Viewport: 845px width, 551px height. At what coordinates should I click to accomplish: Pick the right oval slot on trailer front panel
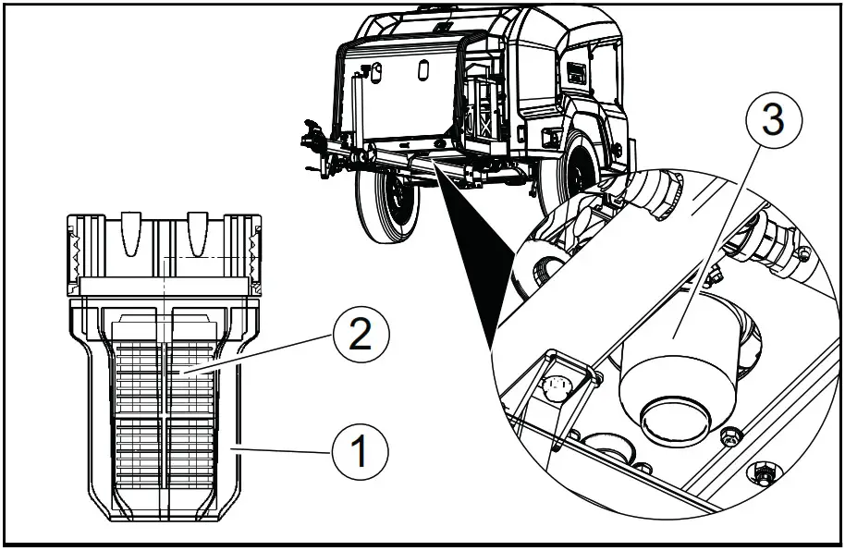coord(422,69)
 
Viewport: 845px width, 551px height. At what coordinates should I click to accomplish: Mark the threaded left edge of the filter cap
coord(76,250)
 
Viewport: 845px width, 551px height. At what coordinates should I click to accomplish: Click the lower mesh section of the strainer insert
coord(164,453)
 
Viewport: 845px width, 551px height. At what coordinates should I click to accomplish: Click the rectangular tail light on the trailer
coord(549,136)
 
